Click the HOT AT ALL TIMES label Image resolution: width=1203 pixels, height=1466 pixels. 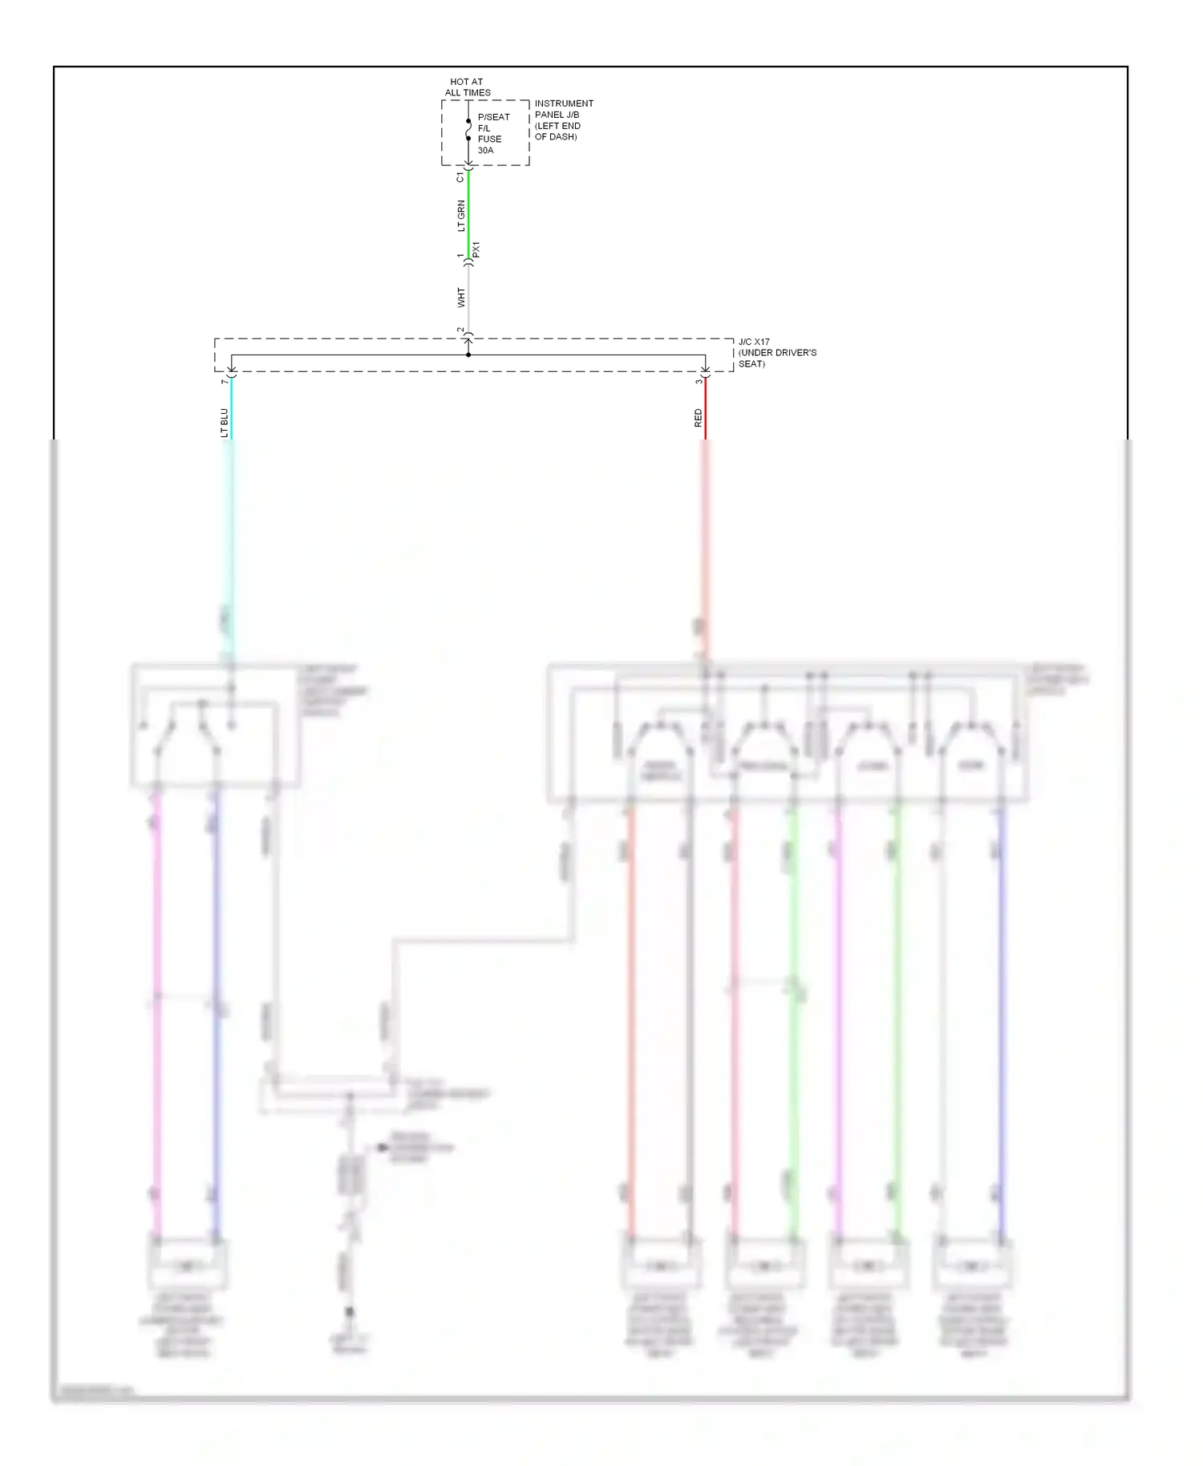[x=468, y=87]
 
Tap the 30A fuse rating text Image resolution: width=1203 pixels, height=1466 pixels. [x=485, y=150]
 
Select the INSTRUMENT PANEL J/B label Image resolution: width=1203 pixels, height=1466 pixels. [x=564, y=119]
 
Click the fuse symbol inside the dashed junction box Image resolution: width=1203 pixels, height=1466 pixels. [x=468, y=130]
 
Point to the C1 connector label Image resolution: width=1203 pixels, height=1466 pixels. [x=460, y=177]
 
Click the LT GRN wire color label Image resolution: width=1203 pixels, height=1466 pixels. [x=460, y=216]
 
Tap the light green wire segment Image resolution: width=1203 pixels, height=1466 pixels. [x=468, y=213]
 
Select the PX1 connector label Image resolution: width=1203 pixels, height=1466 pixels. [x=476, y=249]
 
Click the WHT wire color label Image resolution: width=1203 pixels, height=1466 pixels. [x=460, y=298]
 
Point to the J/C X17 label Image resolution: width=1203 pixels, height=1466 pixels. [x=776, y=353]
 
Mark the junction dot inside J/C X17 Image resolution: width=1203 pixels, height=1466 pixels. [x=468, y=354]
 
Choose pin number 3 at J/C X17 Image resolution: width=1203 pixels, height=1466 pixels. [x=698, y=382]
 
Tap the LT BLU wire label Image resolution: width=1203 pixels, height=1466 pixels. [x=224, y=423]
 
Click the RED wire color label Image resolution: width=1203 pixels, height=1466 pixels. [x=698, y=417]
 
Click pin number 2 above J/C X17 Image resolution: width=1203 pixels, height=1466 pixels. [x=460, y=330]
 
